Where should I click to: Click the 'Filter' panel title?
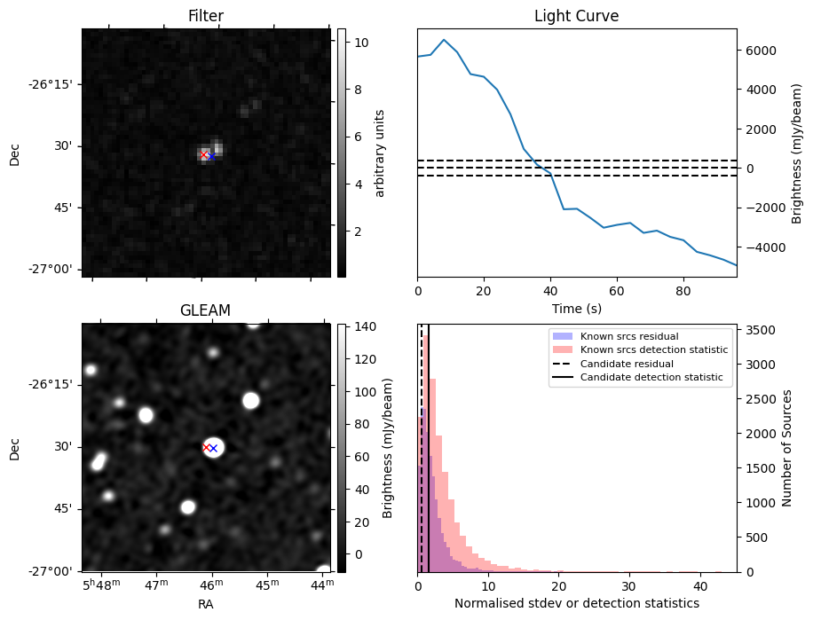pos(205,16)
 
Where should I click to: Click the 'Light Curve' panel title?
pos(576,16)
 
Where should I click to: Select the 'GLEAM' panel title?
pos(205,310)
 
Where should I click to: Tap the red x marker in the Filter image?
pos(204,154)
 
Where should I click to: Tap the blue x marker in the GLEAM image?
pos(213,449)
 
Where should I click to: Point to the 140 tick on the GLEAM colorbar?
pos(364,326)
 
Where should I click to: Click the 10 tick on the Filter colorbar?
pos(360,42)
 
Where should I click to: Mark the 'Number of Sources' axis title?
pos(786,448)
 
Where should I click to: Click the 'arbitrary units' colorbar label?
pos(380,153)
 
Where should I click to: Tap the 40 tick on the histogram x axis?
pos(699,585)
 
